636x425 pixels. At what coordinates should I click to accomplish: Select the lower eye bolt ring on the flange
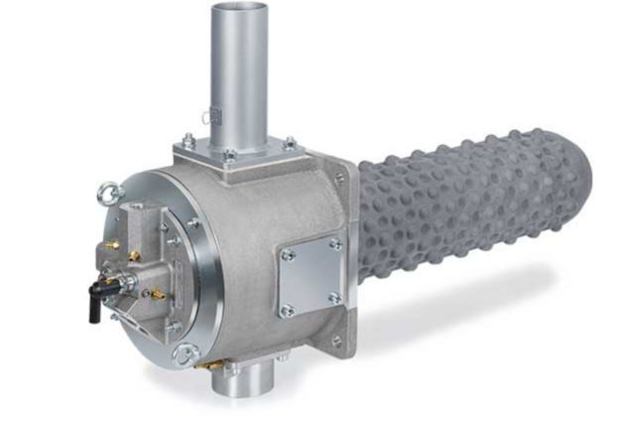coord(185,354)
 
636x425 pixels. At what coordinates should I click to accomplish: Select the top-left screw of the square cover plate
coord(289,254)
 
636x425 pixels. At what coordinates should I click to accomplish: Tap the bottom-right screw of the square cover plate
coord(334,297)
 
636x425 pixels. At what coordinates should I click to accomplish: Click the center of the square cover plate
coord(312,276)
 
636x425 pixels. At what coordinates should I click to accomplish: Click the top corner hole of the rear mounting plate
coord(339,178)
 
